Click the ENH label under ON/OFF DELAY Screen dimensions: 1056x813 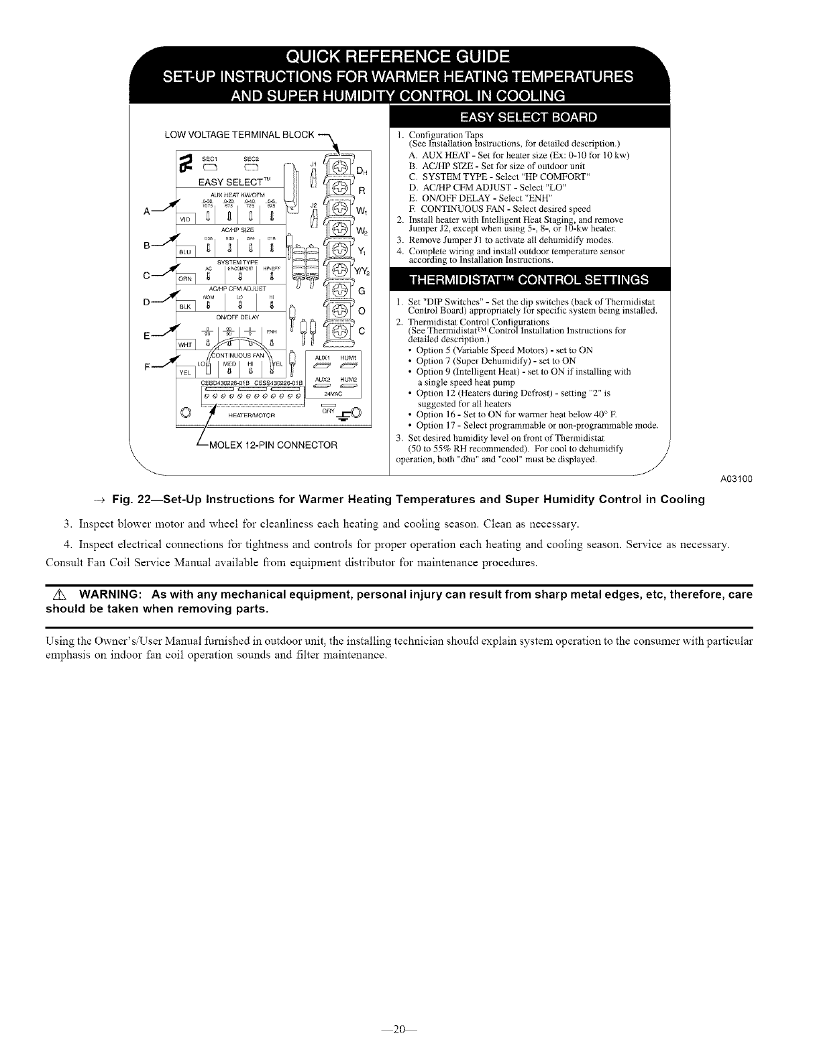[271, 330]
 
